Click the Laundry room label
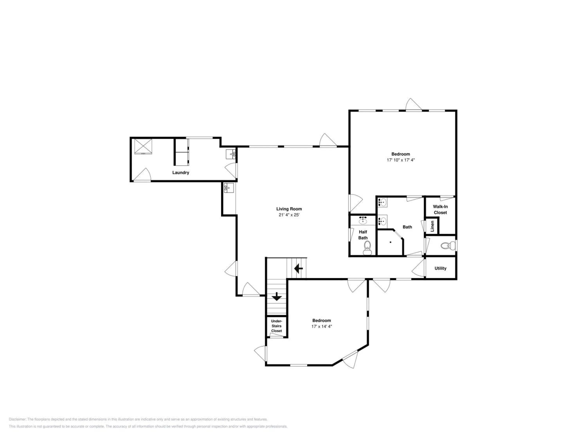[181, 173]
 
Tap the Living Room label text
[289, 209]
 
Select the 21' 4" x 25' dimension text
[289, 215]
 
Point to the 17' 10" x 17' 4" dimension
[401, 160]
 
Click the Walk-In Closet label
[440, 209]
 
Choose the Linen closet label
[432, 226]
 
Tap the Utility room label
[440, 268]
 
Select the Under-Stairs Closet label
[276, 326]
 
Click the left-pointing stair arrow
[299, 269]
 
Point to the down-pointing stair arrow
[276, 296]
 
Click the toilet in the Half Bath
[367, 248]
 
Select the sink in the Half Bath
[363, 220]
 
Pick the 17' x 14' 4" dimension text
[322, 327]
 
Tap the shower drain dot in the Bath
[390, 242]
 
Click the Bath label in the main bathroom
[407, 227]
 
